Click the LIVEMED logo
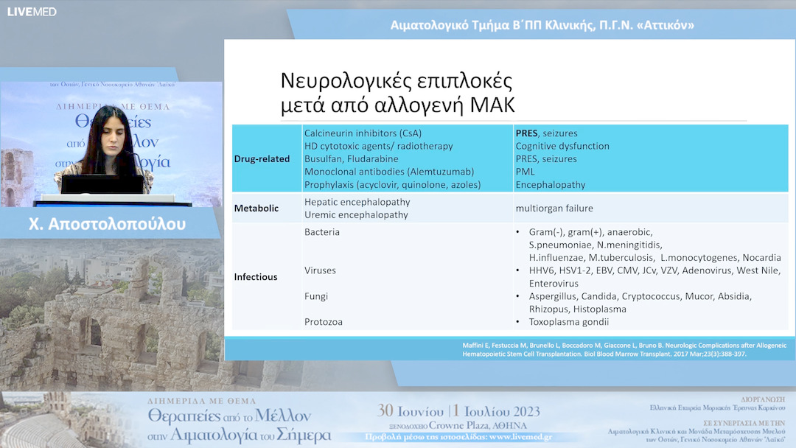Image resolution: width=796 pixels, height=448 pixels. coord(32,12)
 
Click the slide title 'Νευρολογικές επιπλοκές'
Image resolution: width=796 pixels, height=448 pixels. coord(397,81)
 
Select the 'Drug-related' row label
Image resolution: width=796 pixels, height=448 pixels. coord(262,159)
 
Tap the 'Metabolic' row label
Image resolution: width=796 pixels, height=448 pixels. coord(256,209)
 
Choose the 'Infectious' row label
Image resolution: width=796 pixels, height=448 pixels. coord(256,277)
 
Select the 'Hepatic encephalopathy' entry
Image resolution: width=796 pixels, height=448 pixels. coord(357,202)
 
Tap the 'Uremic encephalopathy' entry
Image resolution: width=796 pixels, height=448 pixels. coord(355,215)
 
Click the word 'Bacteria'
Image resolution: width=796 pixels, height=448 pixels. coord(321,232)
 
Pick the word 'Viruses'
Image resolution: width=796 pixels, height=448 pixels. coord(320,270)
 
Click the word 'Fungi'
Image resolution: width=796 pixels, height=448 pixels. coord(316,296)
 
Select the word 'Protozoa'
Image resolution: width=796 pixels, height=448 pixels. coord(324,322)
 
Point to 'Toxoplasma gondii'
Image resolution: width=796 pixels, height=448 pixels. coord(569,322)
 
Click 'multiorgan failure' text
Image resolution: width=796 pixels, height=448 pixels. coord(554,209)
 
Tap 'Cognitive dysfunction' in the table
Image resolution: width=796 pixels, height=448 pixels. coord(562,146)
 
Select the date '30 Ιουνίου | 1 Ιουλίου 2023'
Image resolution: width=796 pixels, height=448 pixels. coord(458,411)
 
